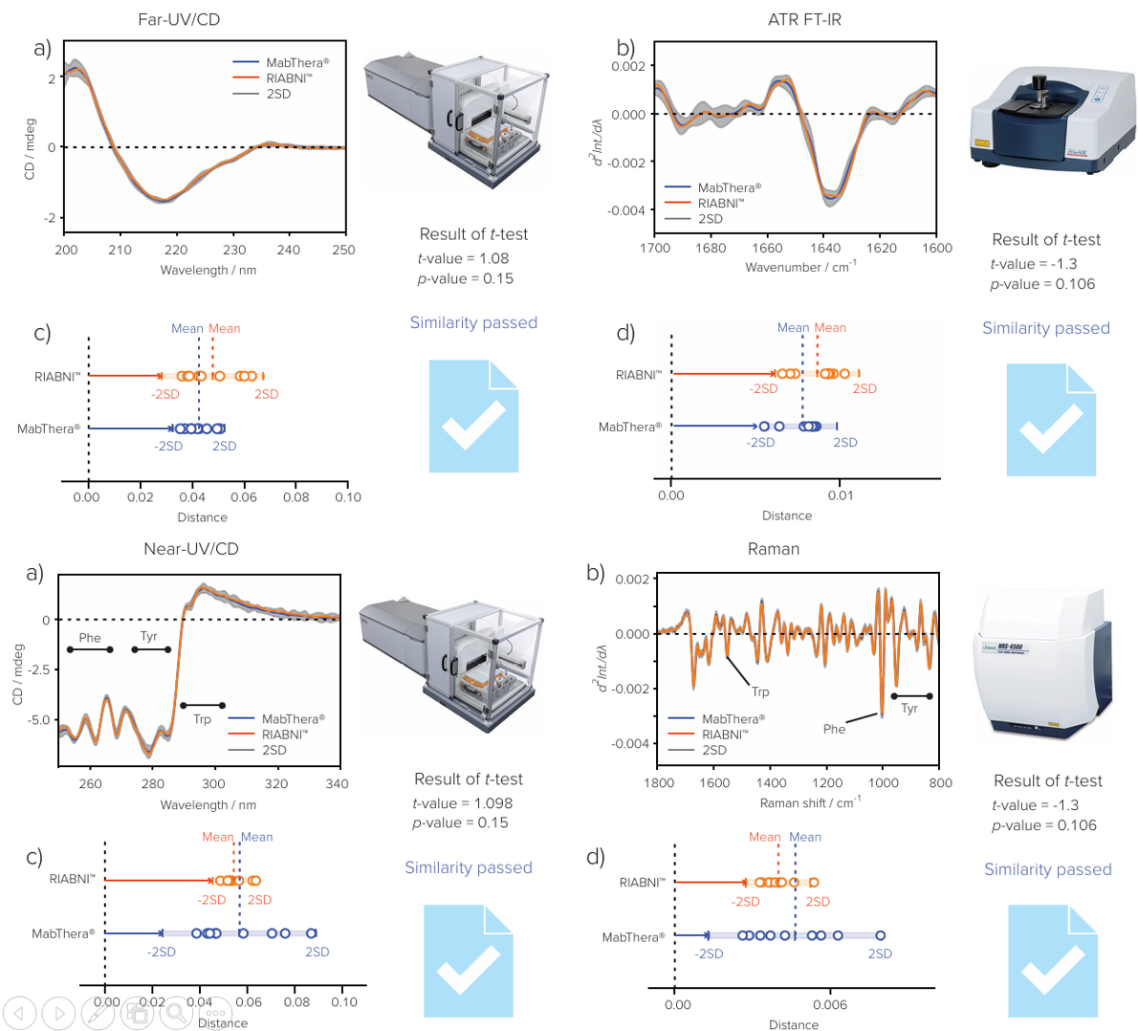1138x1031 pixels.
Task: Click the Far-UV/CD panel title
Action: pos(179,19)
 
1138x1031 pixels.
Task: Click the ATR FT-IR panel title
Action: pos(804,19)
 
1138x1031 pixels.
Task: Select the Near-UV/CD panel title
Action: pos(190,549)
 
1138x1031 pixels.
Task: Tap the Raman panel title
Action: pos(773,549)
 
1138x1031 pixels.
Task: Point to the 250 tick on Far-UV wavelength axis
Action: pos(343,250)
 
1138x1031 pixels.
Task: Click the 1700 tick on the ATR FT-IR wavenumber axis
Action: pos(655,248)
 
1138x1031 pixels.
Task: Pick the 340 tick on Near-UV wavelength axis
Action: pos(337,783)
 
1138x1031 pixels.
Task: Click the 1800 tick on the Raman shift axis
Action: pos(659,783)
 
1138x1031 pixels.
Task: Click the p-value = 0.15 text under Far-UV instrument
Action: pos(465,279)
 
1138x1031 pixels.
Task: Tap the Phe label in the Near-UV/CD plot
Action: pos(90,638)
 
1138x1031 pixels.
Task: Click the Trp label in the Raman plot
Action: pos(760,691)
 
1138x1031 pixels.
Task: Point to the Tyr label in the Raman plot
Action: pos(908,709)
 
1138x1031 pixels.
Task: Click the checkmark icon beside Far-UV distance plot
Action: pos(473,416)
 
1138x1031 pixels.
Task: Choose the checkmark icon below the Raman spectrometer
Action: pos(1052,960)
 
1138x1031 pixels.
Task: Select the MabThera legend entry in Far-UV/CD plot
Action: pos(296,63)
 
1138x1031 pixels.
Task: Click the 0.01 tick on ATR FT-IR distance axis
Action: pos(841,495)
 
